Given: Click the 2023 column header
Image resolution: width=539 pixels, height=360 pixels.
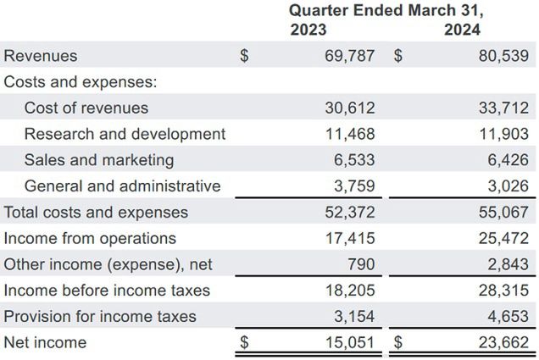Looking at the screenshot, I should click(308, 30).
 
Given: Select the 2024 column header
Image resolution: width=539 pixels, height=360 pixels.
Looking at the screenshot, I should click(462, 30).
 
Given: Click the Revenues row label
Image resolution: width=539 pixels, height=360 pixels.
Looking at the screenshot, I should click(41, 56).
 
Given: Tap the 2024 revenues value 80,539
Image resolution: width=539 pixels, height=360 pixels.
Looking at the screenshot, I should click(503, 56).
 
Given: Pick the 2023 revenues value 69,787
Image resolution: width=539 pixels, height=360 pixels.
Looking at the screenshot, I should click(350, 56).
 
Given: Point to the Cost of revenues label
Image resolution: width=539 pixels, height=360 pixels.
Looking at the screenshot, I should click(86, 108).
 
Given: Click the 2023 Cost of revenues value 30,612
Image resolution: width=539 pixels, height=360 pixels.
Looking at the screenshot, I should click(350, 108).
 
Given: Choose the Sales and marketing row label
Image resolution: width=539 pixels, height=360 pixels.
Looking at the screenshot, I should click(99, 160).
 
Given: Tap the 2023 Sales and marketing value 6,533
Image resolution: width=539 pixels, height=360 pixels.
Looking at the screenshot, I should click(355, 160).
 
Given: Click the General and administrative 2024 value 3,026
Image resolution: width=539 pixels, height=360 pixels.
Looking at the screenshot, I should click(508, 186).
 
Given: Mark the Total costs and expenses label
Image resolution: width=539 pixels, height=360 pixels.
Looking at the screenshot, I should click(96, 213).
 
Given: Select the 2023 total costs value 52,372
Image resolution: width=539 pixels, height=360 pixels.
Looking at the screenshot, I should click(350, 213).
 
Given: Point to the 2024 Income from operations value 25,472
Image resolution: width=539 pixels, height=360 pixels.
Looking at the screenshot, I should click(503, 239).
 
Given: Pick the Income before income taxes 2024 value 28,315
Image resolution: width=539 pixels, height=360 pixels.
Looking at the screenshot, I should click(503, 291).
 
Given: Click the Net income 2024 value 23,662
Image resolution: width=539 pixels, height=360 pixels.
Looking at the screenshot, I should click(503, 343).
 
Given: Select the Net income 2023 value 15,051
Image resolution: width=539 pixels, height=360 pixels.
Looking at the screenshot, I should click(350, 343).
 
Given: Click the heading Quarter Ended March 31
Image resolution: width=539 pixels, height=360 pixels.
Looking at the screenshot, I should click(386, 10).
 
